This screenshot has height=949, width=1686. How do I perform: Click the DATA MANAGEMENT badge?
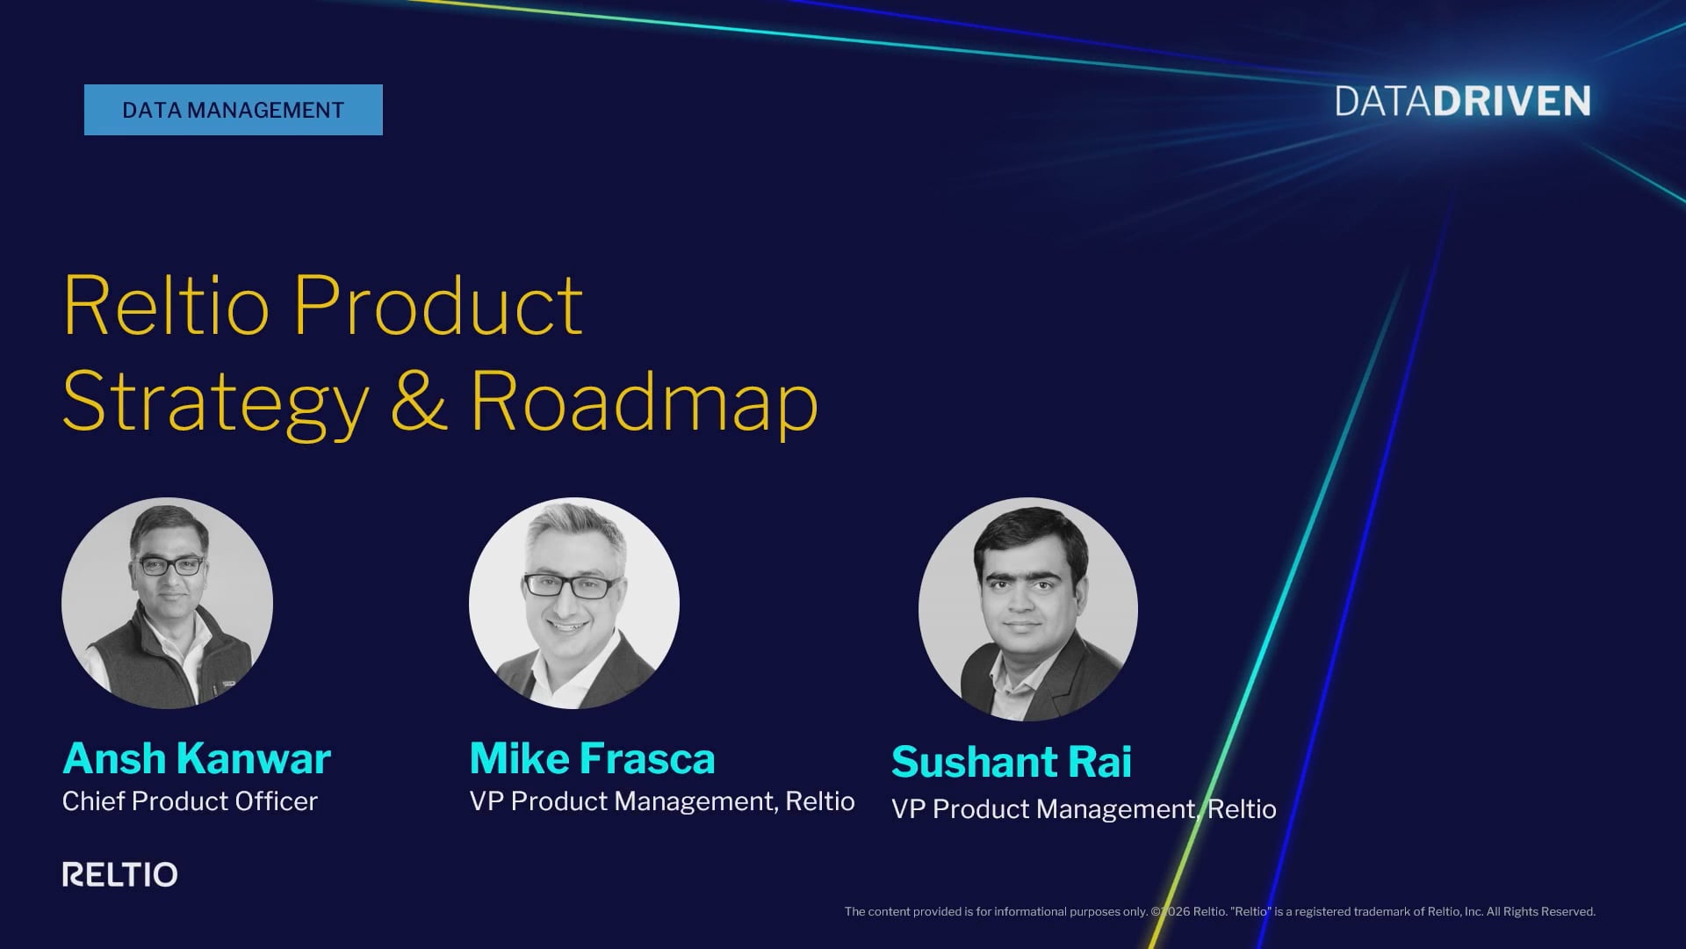click(234, 110)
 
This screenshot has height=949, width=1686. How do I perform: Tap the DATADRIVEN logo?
click(1463, 102)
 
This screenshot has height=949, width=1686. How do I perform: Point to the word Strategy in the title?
click(216, 403)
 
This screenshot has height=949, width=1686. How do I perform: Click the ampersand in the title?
click(419, 401)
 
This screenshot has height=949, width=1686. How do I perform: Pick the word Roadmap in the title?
click(645, 402)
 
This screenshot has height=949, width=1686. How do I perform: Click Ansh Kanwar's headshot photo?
click(167, 604)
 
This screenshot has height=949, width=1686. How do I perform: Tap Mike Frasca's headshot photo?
click(574, 604)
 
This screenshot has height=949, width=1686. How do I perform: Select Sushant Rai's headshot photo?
click(1028, 610)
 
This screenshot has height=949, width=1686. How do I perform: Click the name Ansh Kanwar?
click(197, 758)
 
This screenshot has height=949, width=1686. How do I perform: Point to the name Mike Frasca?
click(593, 758)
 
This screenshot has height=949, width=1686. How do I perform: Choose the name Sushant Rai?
click(1012, 762)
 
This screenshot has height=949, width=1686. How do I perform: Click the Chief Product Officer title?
click(190, 801)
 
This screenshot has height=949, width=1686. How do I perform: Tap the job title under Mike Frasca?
click(662, 801)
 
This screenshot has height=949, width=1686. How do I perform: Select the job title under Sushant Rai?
click(1084, 809)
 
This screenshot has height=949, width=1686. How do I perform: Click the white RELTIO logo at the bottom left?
click(120, 874)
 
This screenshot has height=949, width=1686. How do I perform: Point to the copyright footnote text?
click(1220, 912)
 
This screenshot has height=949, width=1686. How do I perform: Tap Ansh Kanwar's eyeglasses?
click(171, 566)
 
